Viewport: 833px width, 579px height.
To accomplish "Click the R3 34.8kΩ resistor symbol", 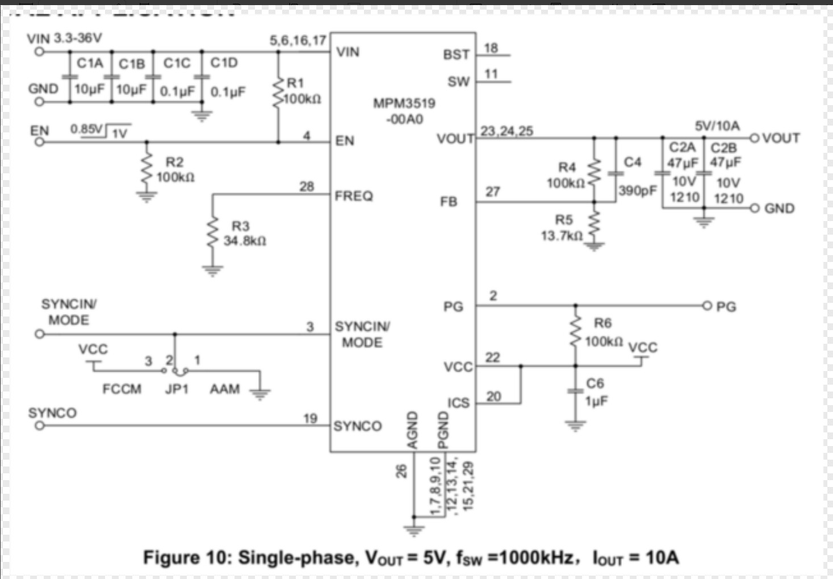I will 212,232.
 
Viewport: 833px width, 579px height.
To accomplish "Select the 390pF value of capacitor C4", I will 637,191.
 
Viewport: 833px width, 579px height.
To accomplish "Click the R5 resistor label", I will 564,220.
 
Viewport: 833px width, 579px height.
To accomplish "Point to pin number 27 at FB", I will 492,192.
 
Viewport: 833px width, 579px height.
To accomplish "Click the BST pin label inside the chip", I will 456,55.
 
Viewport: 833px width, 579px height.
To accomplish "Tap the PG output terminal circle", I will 706,306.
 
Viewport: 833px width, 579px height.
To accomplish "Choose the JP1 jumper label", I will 177,389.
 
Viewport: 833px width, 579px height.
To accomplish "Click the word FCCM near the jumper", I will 122,389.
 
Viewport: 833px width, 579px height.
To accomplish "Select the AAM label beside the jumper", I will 224,389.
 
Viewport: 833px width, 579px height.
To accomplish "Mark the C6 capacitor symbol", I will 575,391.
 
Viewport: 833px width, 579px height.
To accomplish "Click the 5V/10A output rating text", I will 717,126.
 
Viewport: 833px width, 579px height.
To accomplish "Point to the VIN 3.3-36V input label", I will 64,38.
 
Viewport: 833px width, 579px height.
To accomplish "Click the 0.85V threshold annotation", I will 86,129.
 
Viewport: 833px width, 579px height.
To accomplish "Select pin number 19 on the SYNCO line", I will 310,419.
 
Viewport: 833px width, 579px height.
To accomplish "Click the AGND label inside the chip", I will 413,430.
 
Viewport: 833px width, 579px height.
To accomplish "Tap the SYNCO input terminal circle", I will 39,426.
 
